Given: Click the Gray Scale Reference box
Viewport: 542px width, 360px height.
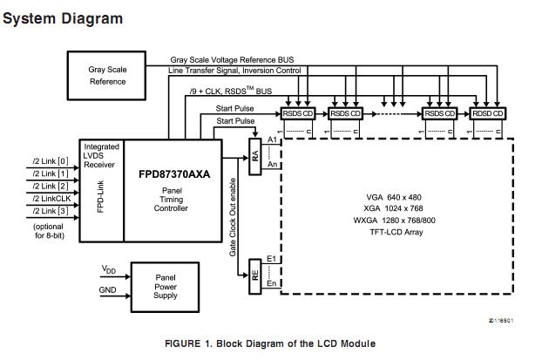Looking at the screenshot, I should tap(107, 75).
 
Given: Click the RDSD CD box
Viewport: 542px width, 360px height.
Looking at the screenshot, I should tap(487, 113).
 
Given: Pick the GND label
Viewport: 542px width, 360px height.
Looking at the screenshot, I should tap(108, 290).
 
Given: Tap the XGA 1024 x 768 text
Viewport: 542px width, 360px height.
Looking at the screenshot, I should tap(393, 209).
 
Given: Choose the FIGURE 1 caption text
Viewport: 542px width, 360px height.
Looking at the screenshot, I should tap(269, 343).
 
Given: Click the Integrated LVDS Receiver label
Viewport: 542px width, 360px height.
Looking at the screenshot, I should tap(101, 154).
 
